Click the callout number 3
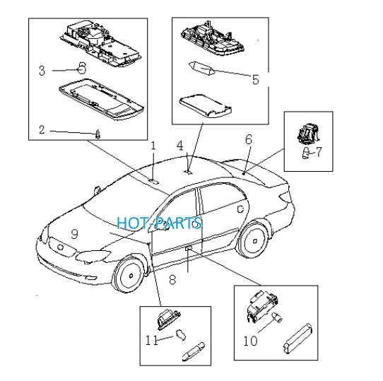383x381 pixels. [x=42, y=71]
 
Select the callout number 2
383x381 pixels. [x=42, y=130]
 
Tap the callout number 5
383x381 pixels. [x=256, y=80]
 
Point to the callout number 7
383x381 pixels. [x=319, y=152]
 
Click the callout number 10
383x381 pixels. [x=250, y=341]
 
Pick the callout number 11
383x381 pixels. [x=152, y=340]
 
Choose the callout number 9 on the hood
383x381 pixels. [x=74, y=234]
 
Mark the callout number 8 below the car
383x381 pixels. [x=172, y=280]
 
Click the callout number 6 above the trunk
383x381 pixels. [x=249, y=139]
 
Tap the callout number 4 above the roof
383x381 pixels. [x=180, y=146]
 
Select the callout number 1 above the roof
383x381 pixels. [x=153, y=146]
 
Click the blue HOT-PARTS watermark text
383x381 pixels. [x=160, y=223]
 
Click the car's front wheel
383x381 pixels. [x=130, y=275]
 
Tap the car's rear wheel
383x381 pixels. [x=254, y=241]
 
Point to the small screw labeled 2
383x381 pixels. [x=98, y=134]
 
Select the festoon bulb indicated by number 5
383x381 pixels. [x=202, y=68]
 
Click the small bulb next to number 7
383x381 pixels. [x=305, y=153]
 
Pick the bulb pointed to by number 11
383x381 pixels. [x=181, y=334]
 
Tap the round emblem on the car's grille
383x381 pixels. [x=60, y=247]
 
